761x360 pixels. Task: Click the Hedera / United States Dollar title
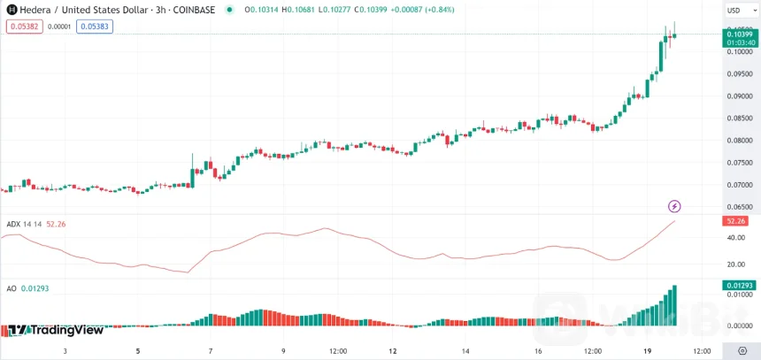point(81,10)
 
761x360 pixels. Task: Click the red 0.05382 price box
point(22,27)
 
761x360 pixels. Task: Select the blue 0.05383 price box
point(94,27)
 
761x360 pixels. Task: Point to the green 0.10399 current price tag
point(739,34)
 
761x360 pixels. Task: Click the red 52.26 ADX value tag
point(736,220)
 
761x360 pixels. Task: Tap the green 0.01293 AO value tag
point(739,285)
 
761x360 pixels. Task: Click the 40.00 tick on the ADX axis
point(734,237)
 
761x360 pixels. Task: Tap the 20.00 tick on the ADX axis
point(734,264)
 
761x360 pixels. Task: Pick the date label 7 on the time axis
point(211,350)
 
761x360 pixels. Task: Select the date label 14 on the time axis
point(465,350)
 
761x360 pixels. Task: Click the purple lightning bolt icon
point(674,206)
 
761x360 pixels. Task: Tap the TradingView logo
point(57,330)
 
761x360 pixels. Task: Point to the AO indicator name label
point(12,288)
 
